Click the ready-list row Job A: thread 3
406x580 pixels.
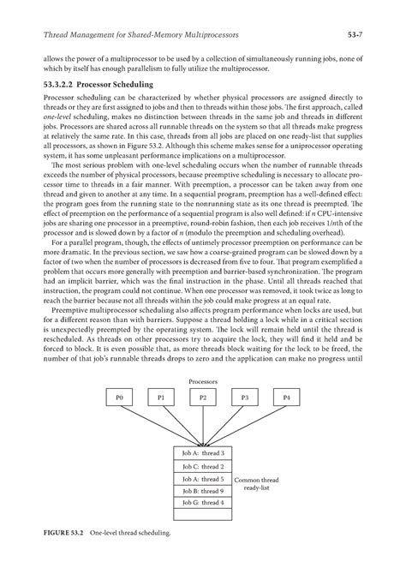[203, 452]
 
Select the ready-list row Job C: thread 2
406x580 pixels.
[203, 465]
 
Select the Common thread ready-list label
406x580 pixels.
[257, 484]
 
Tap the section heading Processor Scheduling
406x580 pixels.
[117, 86]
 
